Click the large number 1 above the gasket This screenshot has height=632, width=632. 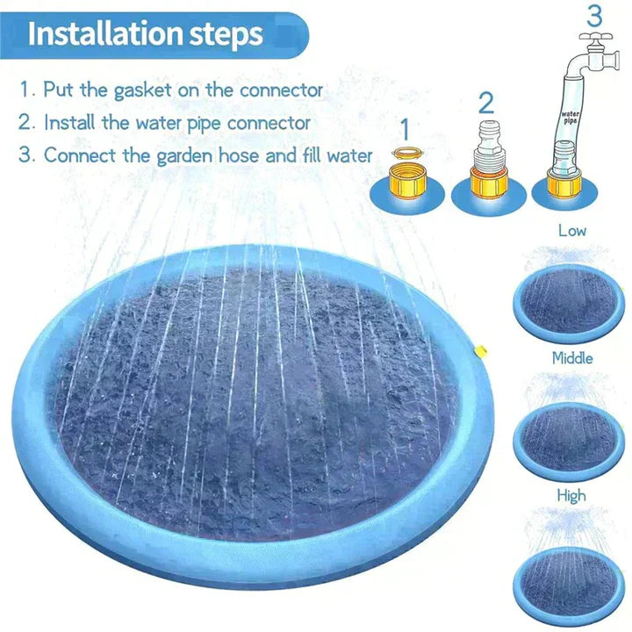(x=405, y=130)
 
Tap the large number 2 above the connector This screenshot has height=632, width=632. (x=486, y=103)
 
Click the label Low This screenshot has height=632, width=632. (x=571, y=232)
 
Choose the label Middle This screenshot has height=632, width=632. (x=571, y=358)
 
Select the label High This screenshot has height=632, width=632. (x=571, y=496)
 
